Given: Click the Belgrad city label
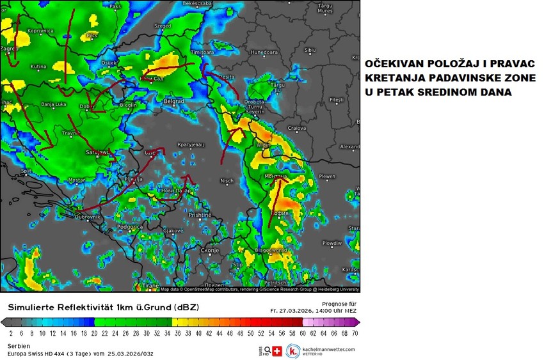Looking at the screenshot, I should (174, 101).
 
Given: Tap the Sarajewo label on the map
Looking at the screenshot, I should (97, 153).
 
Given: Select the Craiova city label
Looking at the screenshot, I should (296, 128).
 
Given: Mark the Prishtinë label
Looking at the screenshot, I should (200, 215).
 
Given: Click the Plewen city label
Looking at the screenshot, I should (327, 176).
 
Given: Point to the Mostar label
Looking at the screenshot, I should (77, 180).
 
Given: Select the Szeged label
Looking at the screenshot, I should (163, 26).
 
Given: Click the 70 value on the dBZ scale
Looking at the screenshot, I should (355, 333).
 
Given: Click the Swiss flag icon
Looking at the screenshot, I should (277, 351).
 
